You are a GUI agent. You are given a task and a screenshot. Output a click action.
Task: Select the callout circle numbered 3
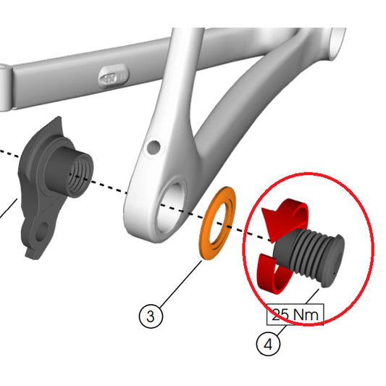(149, 316)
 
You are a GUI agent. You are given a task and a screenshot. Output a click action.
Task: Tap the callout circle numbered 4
(267, 344)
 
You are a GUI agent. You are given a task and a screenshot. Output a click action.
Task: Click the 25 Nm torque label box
(295, 315)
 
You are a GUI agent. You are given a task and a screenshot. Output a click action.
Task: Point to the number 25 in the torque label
(281, 315)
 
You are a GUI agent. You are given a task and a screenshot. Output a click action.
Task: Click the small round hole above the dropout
(152, 147)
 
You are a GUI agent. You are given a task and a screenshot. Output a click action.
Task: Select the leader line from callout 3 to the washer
(178, 282)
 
